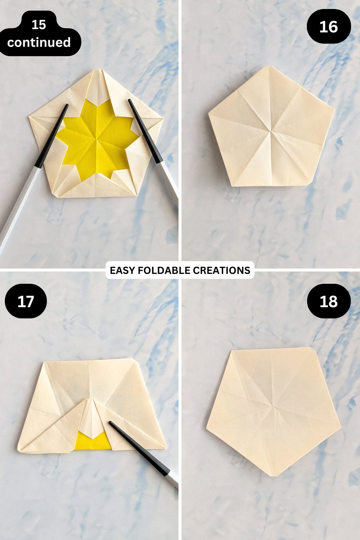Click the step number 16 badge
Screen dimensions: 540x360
coord(328,27)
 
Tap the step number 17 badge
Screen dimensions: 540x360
coord(26,301)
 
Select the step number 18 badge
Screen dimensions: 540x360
coord(329,301)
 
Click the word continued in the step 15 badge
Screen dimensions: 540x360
coord(39,42)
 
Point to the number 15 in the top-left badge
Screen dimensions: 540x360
coord(39,25)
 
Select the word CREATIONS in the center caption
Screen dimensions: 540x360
coord(221,270)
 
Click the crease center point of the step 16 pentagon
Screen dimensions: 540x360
coord(271,131)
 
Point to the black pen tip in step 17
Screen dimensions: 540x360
coord(111,423)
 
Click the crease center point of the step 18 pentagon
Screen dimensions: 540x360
coord(274,407)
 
